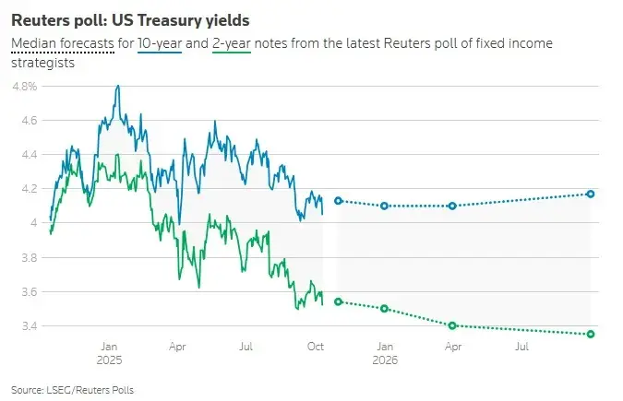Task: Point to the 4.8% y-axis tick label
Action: click(24, 86)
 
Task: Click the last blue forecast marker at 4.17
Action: click(591, 194)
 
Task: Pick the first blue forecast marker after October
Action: click(338, 200)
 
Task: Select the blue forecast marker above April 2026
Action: click(453, 206)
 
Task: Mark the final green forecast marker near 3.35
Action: click(591, 334)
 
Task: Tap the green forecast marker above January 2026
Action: click(384, 309)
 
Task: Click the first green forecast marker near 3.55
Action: click(338, 301)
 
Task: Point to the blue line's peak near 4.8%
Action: click(117, 86)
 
